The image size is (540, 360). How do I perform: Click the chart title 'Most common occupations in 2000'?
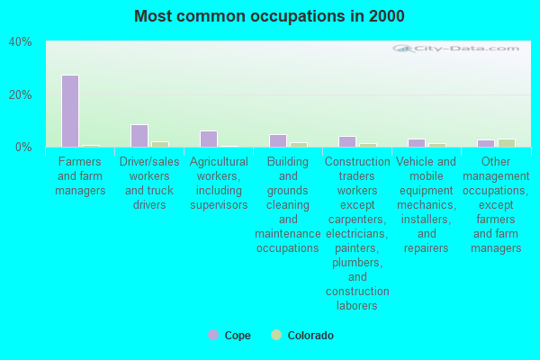point(269,16)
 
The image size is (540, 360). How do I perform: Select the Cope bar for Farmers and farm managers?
point(70,111)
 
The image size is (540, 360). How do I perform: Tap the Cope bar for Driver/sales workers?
point(139,136)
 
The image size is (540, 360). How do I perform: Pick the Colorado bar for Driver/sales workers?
point(160,144)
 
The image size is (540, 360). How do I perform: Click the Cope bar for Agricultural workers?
point(209,139)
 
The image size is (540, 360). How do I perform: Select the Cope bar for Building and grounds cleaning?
point(278,140)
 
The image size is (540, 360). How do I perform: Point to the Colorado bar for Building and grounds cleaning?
point(299,144)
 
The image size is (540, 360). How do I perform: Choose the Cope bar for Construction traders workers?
point(347,141)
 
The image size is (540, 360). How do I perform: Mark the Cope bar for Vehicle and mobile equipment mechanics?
point(417,143)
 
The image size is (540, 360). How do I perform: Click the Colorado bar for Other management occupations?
point(507,143)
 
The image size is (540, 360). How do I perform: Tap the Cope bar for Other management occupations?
point(486,143)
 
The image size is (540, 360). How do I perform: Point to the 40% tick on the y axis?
point(20,42)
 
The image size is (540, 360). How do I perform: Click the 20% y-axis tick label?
point(20,94)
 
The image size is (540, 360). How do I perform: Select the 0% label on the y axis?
point(23,147)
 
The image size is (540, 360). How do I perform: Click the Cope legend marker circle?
point(213,335)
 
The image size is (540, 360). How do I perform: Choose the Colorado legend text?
point(310,336)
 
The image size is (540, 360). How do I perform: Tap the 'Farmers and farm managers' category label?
point(80,175)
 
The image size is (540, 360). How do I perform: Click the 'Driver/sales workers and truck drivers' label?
point(149,183)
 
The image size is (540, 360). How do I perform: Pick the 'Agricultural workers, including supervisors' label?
point(219,183)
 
